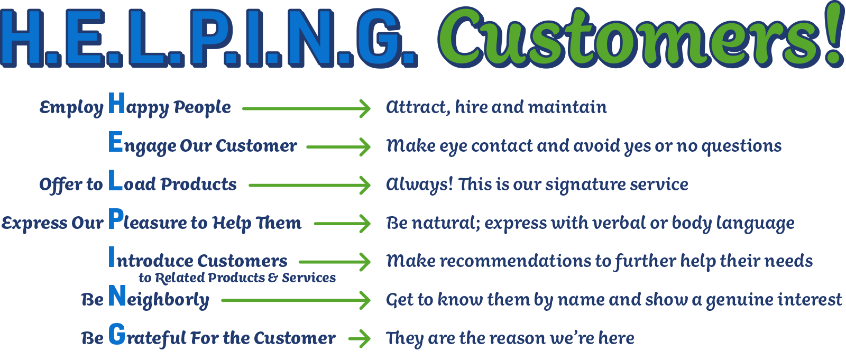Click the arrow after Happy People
tap(306, 109)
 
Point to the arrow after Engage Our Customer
tap(338, 147)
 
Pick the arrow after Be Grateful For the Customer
tap(359, 338)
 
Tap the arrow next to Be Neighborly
tap(296, 301)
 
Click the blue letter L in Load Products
tap(116, 180)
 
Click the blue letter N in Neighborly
tap(117, 296)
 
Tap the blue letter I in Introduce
tap(112, 257)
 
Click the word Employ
tap(71, 108)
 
